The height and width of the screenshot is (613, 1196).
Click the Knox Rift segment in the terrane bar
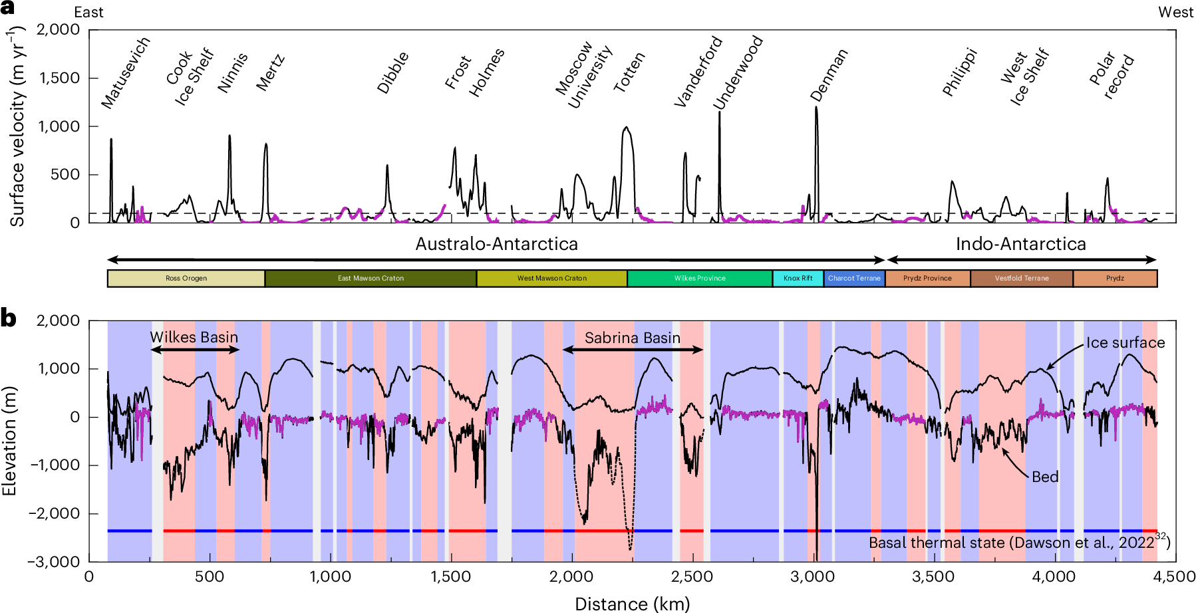pos(798,279)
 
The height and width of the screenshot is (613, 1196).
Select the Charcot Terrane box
pos(854,279)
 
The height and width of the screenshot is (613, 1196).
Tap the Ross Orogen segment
pos(186,279)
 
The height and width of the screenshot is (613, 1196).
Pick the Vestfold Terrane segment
pos(1022,279)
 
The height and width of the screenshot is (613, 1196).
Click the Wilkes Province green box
pos(700,279)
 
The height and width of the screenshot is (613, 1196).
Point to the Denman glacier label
pos(829,75)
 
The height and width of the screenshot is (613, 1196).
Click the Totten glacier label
pos(629,72)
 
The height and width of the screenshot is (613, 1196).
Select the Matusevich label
pos(126,72)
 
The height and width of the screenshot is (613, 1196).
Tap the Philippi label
pos(960,72)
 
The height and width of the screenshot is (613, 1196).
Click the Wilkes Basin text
pos(194,337)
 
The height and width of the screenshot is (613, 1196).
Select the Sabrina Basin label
pos(633,338)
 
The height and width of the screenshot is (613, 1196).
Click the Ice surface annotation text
pos(1125,342)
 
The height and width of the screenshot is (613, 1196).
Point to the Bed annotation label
pos(1045,477)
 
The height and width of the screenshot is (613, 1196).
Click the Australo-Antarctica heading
pos(496,244)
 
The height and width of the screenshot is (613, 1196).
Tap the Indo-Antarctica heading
pos(1020,244)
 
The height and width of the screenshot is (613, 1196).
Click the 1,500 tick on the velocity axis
pos(59,78)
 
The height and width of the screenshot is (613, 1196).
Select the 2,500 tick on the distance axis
pos(692,576)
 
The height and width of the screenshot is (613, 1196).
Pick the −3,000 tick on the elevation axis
pos(54,562)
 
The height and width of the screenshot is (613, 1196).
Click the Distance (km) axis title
pos(632,604)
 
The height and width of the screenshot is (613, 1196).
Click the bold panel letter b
pos(8,318)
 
